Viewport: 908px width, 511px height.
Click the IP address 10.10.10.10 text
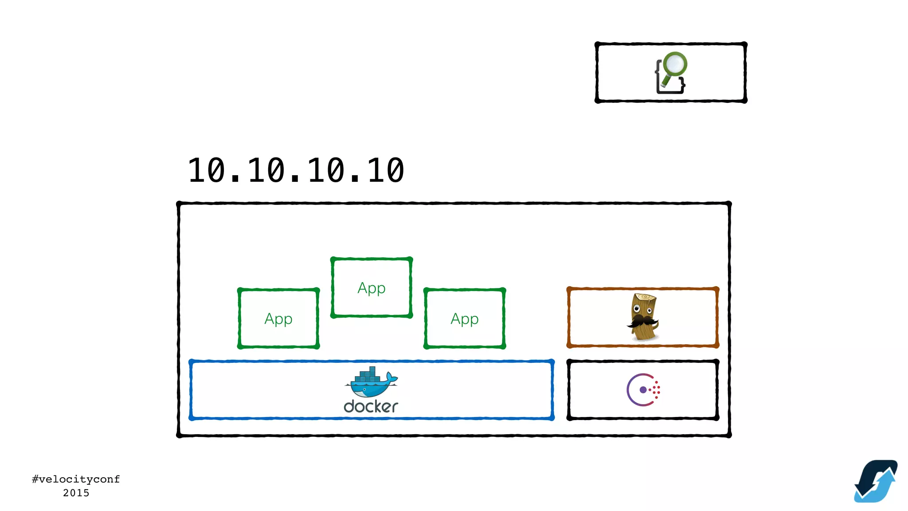[x=296, y=170]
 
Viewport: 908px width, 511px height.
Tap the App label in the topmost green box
[x=372, y=288]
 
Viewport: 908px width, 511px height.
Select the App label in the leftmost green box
[x=278, y=318]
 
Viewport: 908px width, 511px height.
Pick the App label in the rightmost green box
[x=465, y=318]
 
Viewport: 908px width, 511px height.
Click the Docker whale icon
[x=371, y=383]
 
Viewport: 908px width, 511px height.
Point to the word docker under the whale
[x=371, y=406]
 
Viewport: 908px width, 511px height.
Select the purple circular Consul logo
[x=643, y=390]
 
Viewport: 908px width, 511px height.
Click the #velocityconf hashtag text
[x=76, y=479]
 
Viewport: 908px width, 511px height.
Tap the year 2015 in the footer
[x=76, y=493]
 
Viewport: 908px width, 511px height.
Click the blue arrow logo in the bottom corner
[x=876, y=481]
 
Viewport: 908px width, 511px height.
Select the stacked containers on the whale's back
[x=368, y=375]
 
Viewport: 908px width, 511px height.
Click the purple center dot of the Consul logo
[x=643, y=390]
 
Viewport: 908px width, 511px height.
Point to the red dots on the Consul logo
[x=657, y=390]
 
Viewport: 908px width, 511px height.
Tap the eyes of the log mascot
[x=642, y=308]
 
